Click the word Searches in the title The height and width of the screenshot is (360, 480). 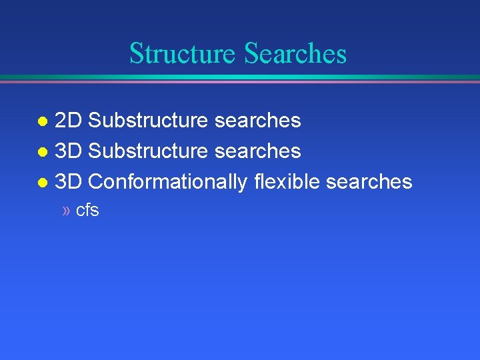tap(295, 53)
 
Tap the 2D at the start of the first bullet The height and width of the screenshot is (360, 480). tap(68, 121)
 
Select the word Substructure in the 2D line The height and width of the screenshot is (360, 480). tap(147, 121)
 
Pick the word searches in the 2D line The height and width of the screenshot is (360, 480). tap(257, 121)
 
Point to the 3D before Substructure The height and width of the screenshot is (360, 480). tap(68, 151)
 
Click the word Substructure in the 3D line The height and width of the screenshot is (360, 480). tap(147, 151)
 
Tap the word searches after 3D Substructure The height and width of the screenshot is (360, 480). tap(257, 151)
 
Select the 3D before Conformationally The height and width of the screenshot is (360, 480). tap(68, 181)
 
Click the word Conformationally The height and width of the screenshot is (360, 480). tap(167, 181)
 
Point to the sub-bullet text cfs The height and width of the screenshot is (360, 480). tap(87, 211)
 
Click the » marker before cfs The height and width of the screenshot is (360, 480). tap(65, 211)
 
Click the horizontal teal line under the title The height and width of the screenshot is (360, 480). tap(240, 77)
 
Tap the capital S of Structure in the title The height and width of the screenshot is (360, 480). tap(135, 53)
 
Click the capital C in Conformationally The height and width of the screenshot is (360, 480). tap(96, 181)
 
